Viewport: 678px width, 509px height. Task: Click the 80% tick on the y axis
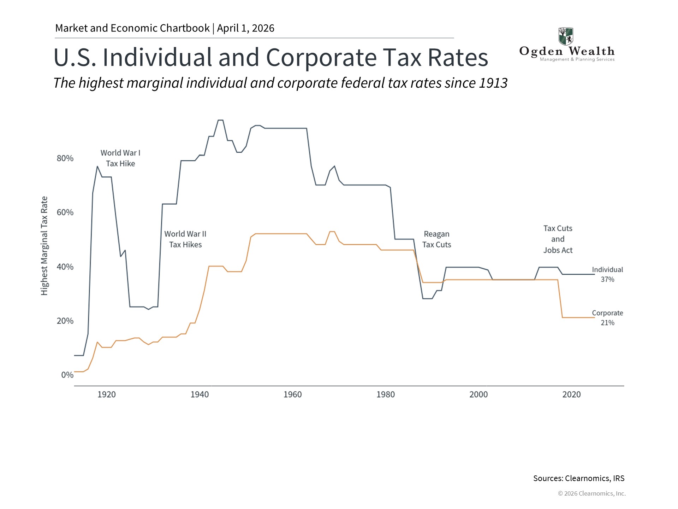(x=65, y=158)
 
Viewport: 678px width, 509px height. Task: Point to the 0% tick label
(x=67, y=375)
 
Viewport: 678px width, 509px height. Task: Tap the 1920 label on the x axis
(x=106, y=394)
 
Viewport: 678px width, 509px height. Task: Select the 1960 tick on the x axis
(x=292, y=394)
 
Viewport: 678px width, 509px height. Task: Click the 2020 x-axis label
(x=571, y=394)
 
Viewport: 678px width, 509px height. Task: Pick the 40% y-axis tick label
(x=65, y=267)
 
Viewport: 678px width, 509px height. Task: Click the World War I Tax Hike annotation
(x=120, y=158)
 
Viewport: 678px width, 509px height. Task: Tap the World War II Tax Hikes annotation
(x=185, y=239)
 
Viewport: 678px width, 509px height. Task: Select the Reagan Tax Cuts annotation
(x=436, y=239)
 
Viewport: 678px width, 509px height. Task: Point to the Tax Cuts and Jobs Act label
(x=558, y=239)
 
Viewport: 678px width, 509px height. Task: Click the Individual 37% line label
(x=607, y=274)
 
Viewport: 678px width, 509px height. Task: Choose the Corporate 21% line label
(x=607, y=318)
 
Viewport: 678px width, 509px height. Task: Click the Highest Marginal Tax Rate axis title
(x=44, y=246)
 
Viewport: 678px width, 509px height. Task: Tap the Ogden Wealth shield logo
(x=566, y=36)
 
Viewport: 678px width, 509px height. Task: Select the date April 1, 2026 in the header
(x=245, y=28)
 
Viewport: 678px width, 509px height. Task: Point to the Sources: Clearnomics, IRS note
(x=579, y=478)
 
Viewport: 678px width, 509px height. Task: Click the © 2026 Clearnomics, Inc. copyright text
(x=591, y=493)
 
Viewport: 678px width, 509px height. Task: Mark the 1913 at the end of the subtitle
(x=493, y=83)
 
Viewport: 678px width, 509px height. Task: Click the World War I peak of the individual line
(x=97, y=166)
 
